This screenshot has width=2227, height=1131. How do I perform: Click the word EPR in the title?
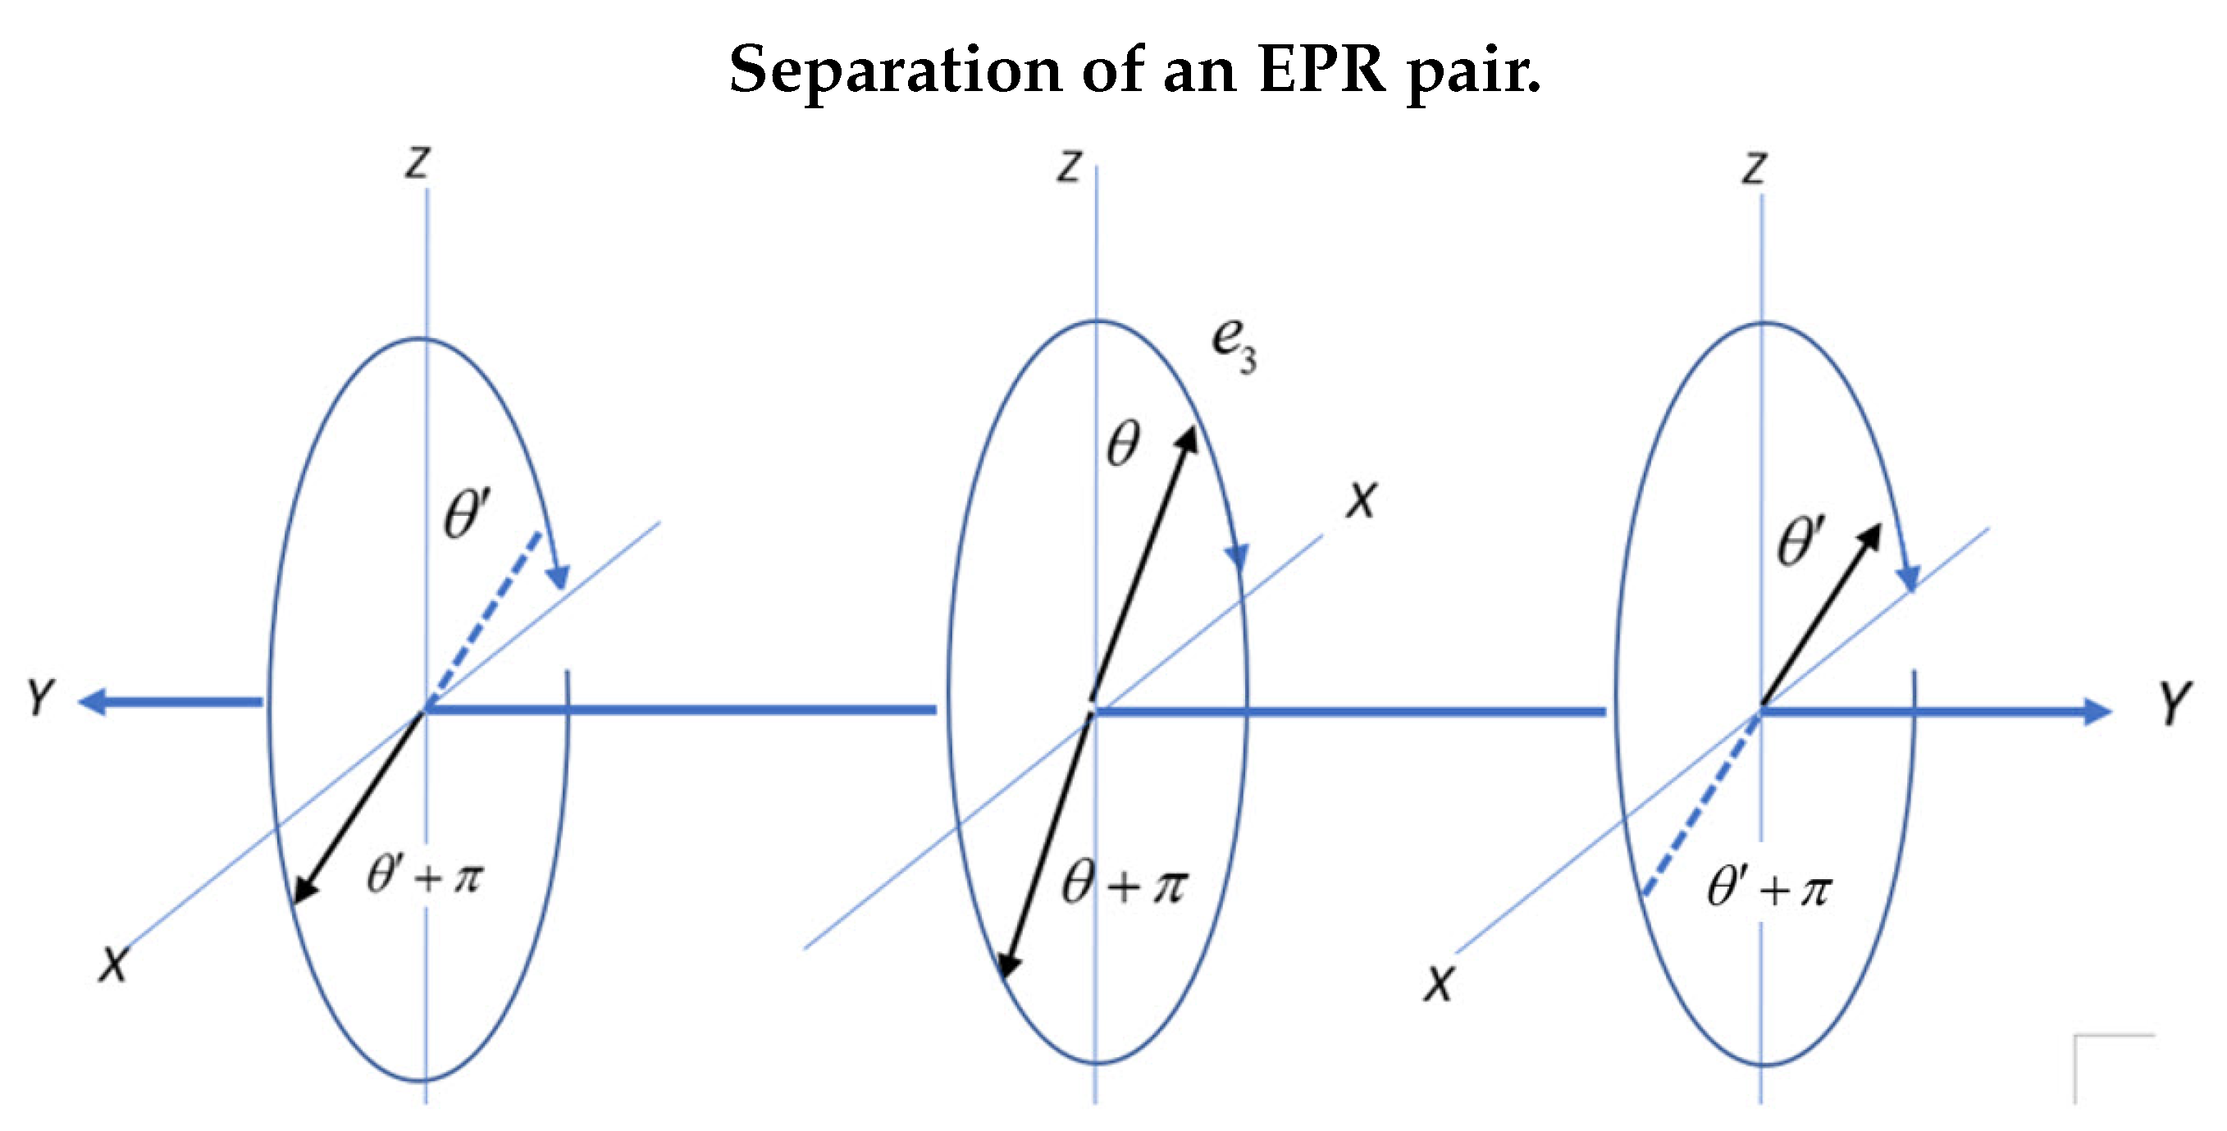pyautogui.click(x=1322, y=69)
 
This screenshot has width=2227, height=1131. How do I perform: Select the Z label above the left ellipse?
pyautogui.click(x=418, y=162)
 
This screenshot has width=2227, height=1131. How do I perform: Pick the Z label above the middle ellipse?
pyautogui.click(x=1070, y=165)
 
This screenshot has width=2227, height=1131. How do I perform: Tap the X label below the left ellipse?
pyautogui.click(x=112, y=965)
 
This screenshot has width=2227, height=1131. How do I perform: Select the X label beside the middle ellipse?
pyautogui.click(x=1361, y=499)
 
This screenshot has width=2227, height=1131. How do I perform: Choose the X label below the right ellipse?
pyautogui.click(x=1439, y=984)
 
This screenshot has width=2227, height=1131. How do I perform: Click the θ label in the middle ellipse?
pyautogui.click(x=1123, y=445)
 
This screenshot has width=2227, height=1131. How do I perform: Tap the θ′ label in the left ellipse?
pyautogui.click(x=466, y=514)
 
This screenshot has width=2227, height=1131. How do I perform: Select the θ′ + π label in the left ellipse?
pyautogui.click(x=426, y=876)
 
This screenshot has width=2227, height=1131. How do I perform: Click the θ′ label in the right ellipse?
pyautogui.click(x=1800, y=542)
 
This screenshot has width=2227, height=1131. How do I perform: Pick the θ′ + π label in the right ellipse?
pyautogui.click(x=1768, y=889)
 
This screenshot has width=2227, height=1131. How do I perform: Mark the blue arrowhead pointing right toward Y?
pyautogui.click(x=2096, y=712)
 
